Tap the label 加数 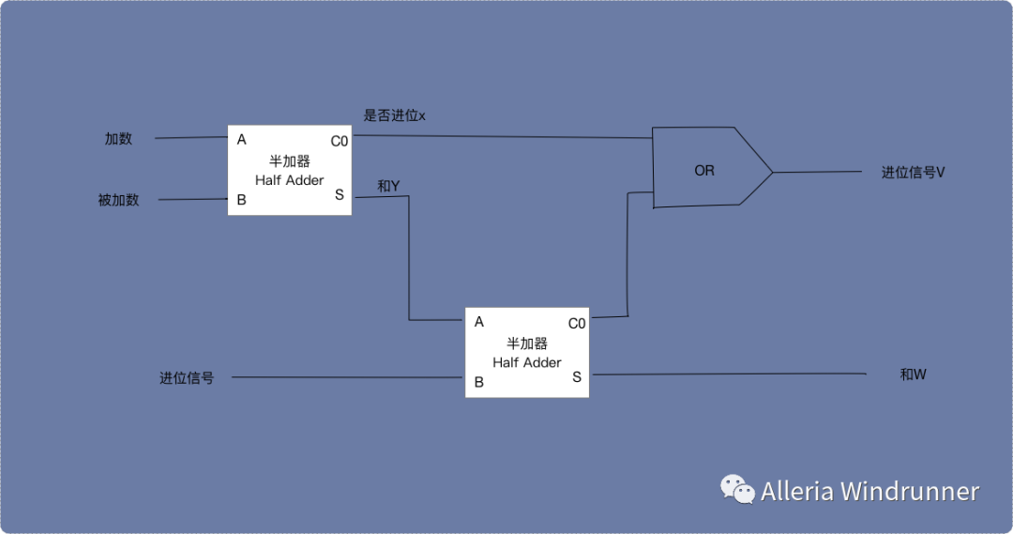tap(118, 139)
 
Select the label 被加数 tap(118, 200)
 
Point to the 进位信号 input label tap(187, 378)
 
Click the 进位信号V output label tap(912, 173)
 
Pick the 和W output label tap(913, 374)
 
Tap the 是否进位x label tap(394, 115)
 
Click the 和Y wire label tap(388, 186)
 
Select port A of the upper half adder tap(242, 140)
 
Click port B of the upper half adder tap(242, 200)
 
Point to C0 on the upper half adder tap(339, 141)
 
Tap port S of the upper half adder tap(340, 194)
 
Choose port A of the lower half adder tap(479, 322)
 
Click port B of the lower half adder tap(479, 382)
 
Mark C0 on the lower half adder tap(577, 323)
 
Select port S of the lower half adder tap(577, 376)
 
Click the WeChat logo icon tap(737, 489)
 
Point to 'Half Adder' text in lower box tap(527, 362)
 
